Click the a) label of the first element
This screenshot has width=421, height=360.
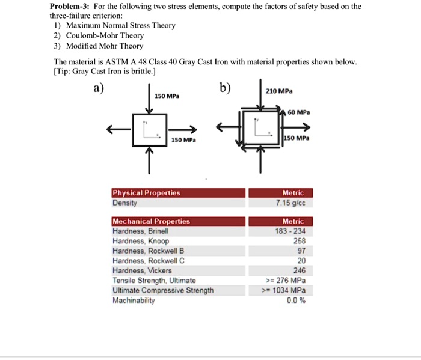click(97, 88)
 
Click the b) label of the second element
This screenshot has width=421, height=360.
click(224, 88)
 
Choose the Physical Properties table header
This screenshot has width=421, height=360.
click(146, 193)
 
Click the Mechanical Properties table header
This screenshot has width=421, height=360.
click(151, 221)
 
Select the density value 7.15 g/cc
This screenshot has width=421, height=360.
click(292, 203)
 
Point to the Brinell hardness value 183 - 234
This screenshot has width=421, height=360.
click(292, 231)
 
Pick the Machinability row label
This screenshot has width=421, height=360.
click(134, 301)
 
